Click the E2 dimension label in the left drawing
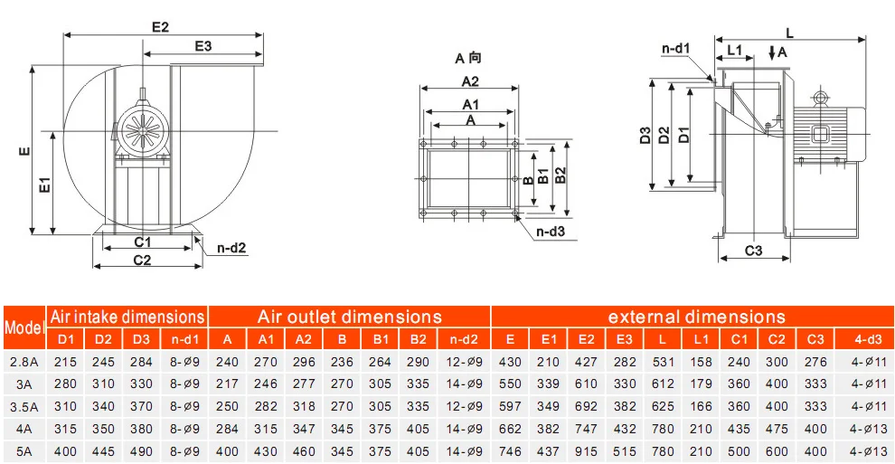point(160,27)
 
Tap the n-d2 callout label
point(231,248)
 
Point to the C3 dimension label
point(753,251)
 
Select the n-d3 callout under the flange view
point(551,232)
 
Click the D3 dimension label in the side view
point(645,136)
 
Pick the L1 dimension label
point(735,51)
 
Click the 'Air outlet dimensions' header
point(349,317)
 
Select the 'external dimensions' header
point(696,317)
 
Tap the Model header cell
point(24,328)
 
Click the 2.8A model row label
point(24,362)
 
